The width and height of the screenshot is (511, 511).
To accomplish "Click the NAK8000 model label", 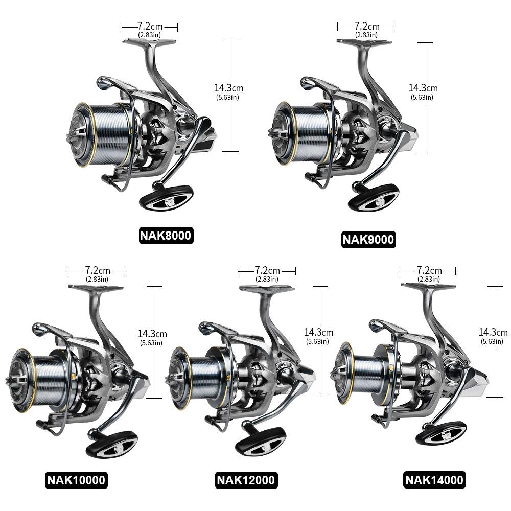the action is coord(166,235).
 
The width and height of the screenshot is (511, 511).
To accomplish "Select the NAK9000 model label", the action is coord(368,240).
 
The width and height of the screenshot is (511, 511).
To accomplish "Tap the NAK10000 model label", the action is coord(76,480).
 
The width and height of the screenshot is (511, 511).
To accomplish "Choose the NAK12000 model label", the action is coord(246,480).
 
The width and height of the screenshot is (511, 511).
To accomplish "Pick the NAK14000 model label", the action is coord(434,480).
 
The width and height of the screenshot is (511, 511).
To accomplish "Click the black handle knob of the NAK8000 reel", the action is coord(166,198).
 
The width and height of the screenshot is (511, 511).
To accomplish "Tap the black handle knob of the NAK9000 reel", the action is coord(374,197).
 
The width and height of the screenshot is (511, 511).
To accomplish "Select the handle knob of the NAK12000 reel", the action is coord(260,440).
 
